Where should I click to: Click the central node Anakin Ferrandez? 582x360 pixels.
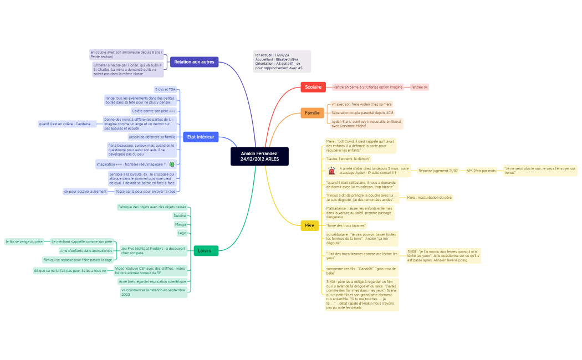click(x=259, y=156)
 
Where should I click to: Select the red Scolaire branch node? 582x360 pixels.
click(x=313, y=87)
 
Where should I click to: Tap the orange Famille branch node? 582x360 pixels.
click(x=312, y=113)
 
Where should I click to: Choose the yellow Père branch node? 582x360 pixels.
click(x=309, y=225)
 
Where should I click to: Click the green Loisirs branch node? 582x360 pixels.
click(x=206, y=250)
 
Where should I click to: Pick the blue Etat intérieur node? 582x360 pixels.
click(x=201, y=137)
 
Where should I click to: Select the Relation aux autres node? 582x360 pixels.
click(x=194, y=61)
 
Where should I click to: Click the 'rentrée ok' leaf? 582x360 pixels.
click(x=419, y=87)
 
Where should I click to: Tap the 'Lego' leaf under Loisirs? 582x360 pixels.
click(x=182, y=233)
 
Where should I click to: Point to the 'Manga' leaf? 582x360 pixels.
click(x=181, y=224)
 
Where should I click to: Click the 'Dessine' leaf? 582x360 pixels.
click(x=180, y=215)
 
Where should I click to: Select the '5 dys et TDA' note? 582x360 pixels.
click(x=165, y=89)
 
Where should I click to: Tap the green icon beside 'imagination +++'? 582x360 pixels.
click(x=172, y=164)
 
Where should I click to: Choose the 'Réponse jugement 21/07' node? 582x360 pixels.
click(x=438, y=171)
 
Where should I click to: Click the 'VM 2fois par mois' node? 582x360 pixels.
click(x=481, y=171)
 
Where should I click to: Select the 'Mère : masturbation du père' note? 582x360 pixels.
click(x=429, y=197)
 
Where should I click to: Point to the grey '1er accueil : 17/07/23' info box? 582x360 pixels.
click(x=282, y=61)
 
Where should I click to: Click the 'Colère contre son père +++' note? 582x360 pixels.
click(x=154, y=111)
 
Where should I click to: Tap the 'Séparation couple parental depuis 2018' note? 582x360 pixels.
click(x=363, y=112)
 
